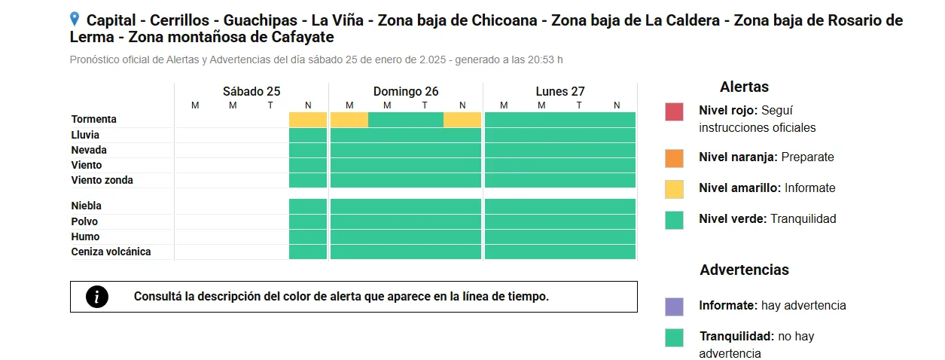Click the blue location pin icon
point(75,19)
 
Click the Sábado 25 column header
point(251,91)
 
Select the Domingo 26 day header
point(406,91)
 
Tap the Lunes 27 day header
point(560,91)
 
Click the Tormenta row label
point(94,119)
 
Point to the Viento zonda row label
point(102,180)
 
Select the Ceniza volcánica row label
point(111,252)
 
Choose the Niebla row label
point(87,206)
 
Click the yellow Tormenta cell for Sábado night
point(308,120)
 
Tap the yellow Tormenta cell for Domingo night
point(462,120)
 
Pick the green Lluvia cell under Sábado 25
point(308,135)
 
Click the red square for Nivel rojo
point(674,111)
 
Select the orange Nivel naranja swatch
point(674,158)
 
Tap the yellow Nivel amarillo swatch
point(674,189)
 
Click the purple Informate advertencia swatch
point(674,307)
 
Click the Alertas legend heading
point(744,87)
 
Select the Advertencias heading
point(744,270)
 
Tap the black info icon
point(97,297)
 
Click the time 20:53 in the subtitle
point(534,59)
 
